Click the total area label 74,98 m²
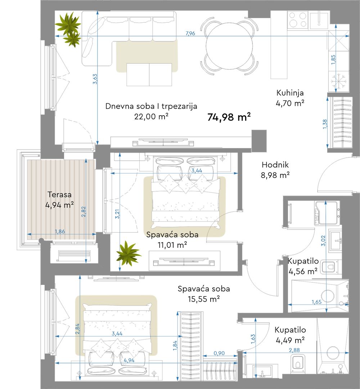coord(229,117)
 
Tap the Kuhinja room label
coord(290,93)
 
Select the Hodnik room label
coord(275,165)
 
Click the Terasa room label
coord(59,194)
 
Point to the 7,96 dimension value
coord(190,33)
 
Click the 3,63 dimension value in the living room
coord(95,79)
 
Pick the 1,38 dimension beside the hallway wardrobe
coord(325,124)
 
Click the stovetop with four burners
coord(297,19)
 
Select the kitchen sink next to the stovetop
coord(319,19)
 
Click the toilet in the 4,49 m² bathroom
coord(298,362)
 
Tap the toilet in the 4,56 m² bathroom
coord(329,267)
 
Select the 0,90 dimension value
coord(219,353)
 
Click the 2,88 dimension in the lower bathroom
coord(294,350)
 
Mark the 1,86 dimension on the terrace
coord(60,232)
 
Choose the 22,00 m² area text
coord(151,116)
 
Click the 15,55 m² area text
coord(203,299)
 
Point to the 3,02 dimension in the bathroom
coord(323,241)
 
